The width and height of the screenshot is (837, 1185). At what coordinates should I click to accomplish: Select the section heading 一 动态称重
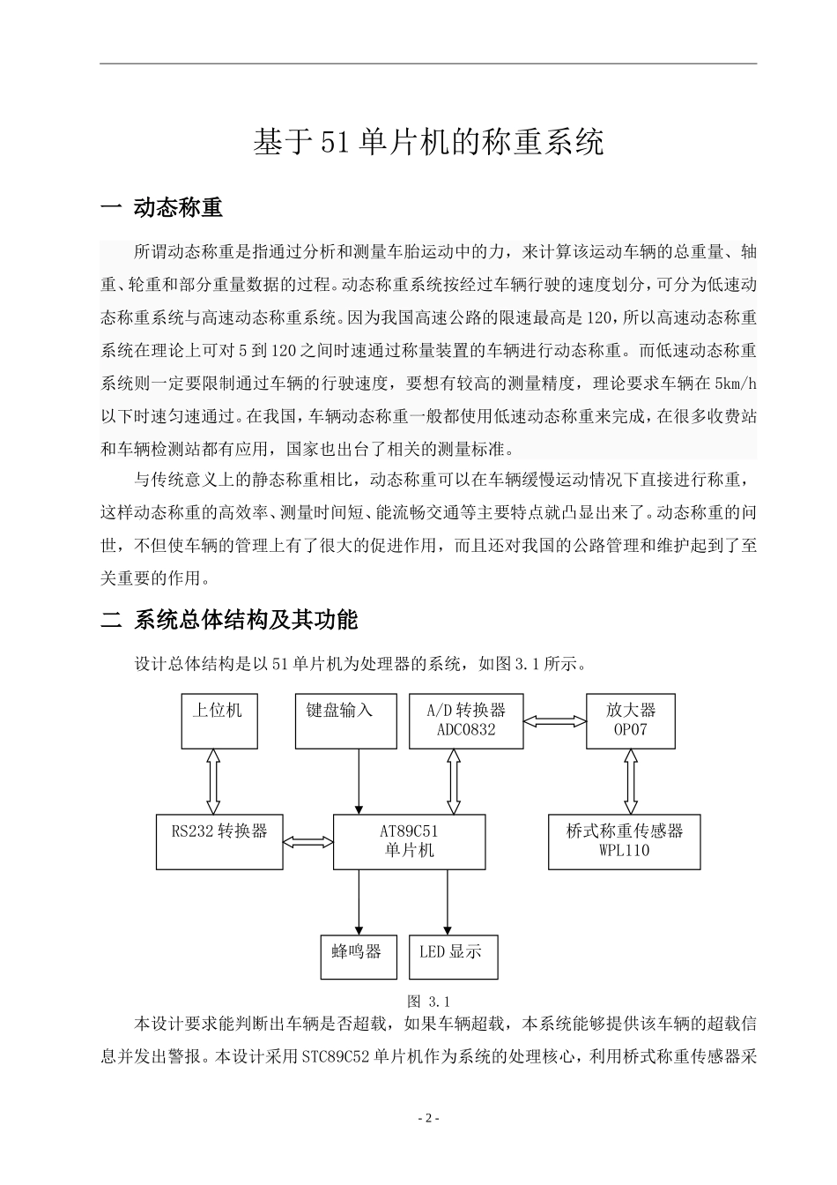click(162, 208)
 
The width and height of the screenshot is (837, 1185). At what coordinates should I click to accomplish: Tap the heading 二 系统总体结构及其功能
click(229, 620)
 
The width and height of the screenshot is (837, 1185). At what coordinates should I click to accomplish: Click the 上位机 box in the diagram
click(219, 720)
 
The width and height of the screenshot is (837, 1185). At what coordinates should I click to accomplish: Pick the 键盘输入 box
click(339, 720)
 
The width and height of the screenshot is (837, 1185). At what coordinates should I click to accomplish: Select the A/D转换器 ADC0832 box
click(466, 720)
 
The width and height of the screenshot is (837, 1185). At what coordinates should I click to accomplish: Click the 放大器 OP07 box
click(631, 720)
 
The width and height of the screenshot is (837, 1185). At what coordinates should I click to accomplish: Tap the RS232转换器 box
click(219, 841)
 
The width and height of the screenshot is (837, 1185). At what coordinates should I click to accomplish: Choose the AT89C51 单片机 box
click(409, 841)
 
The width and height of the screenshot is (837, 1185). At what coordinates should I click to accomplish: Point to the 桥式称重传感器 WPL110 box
click(624, 841)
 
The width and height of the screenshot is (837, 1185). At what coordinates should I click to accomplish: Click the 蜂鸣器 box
click(357, 957)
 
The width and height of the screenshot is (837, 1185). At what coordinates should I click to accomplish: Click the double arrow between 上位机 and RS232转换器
click(212, 781)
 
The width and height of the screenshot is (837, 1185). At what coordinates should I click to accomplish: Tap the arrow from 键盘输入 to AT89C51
click(358, 781)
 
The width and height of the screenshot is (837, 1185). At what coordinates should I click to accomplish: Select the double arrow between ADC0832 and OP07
click(554, 720)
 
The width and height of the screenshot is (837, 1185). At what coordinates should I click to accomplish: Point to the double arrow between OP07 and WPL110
click(631, 781)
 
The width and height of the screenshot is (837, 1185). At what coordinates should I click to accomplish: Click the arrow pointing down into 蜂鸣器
click(358, 901)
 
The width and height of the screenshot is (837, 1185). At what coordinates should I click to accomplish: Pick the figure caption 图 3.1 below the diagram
click(429, 1002)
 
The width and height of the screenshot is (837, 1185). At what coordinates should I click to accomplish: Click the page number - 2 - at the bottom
click(428, 1118)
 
